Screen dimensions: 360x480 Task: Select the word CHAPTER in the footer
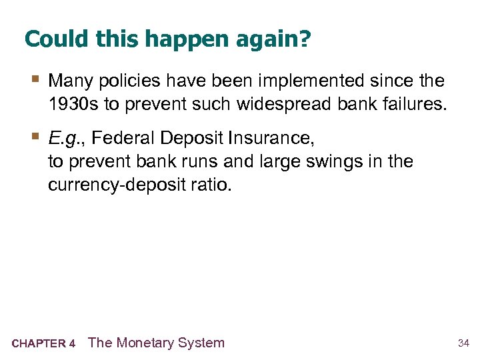click(x=39, y=344)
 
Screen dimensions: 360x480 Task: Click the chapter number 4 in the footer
click(x=71, y=344)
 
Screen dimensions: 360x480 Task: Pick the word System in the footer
click(x=204, y=343)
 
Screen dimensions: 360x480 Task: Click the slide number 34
click(x=463, y=343)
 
